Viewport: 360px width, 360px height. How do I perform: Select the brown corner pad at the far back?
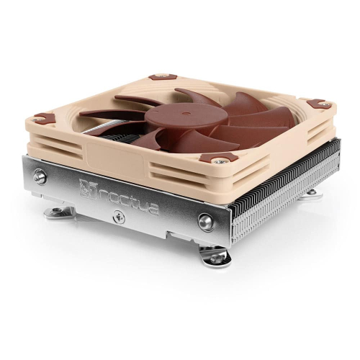pos(163,77)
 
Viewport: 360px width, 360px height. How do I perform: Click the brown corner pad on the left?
pos(45,118)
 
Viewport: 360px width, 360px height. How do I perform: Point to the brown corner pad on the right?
pos(319,104)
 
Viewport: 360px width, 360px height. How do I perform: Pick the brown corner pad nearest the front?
pos(218,158)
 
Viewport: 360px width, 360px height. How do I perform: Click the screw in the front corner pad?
pos(219,162)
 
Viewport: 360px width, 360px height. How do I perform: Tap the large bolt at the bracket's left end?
pos(40,177)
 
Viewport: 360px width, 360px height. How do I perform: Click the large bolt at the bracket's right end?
pos(206,222)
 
